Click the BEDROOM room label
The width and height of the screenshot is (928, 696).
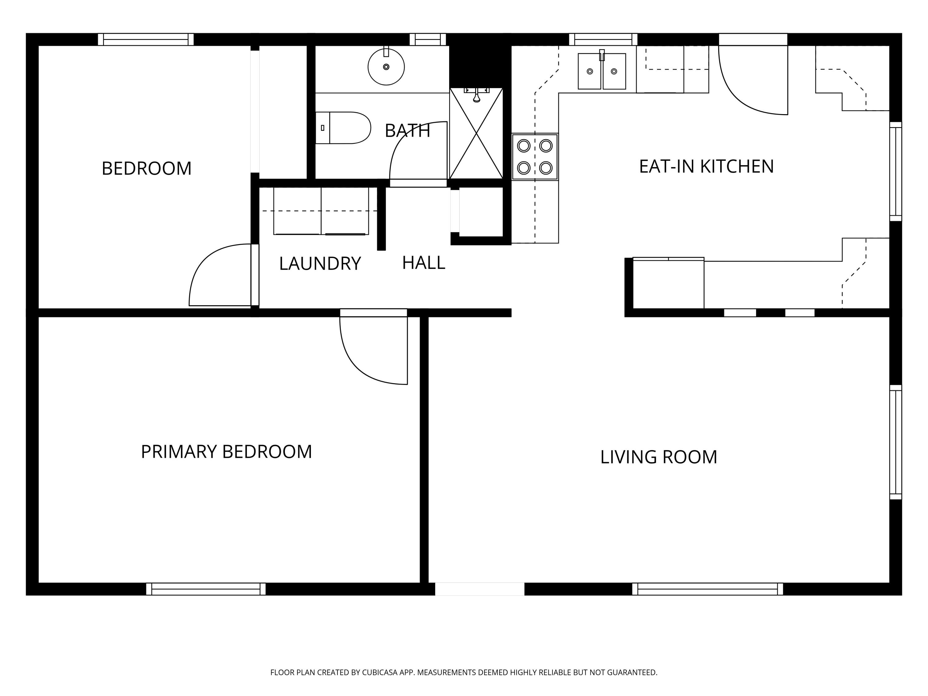146,169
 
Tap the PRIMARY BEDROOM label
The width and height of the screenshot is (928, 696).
226,452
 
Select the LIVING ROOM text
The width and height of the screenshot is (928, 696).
658,457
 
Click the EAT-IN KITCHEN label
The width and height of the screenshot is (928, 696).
706,166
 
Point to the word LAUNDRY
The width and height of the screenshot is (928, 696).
320,264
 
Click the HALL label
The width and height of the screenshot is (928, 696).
423,263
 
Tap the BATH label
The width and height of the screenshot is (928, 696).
407,131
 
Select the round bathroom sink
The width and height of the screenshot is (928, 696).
386,67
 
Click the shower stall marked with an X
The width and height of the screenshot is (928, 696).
476,133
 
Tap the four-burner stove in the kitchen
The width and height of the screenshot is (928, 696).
535,157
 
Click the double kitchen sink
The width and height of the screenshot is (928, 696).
602,71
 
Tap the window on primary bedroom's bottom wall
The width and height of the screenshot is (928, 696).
206,589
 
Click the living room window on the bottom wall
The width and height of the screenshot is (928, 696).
707,589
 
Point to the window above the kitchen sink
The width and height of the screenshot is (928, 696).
603,39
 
